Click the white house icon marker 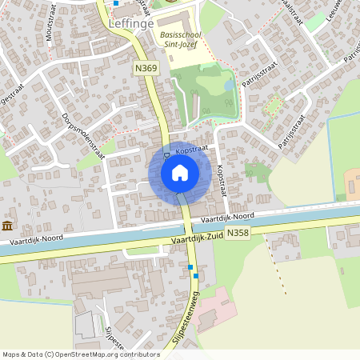point(179,172)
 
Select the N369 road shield point(146,70)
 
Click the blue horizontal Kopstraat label point(191,150)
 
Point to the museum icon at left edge point(7,225)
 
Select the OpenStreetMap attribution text point(81,354)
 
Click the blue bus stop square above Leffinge point(116,3)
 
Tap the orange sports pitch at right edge point(352,182)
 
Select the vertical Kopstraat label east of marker point(222,181)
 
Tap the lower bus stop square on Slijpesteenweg point(196,276)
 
